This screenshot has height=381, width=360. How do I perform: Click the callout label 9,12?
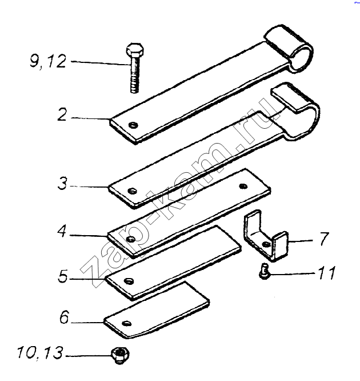point(48,61)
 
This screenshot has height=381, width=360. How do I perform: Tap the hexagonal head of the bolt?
point(135,50)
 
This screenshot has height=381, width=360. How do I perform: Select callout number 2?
point(62,114)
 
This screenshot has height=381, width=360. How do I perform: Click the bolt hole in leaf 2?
point(133,125)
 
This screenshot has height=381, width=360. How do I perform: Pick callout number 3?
point(62,184)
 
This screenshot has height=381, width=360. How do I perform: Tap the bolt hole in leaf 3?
point(132,191)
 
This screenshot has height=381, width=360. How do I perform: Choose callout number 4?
point(62,231)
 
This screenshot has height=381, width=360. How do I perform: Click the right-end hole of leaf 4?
point(243,186)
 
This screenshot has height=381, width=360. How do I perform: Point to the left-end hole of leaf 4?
point(131,239)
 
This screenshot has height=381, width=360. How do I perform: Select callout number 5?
point(63,276)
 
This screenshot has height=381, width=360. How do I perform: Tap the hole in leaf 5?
point(129,281)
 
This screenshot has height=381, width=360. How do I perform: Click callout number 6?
point(65,317)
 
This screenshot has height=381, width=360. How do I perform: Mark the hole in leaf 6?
point(127,323)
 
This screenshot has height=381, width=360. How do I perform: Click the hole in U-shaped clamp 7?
point(266,244)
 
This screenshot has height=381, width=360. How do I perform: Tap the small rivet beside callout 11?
point(264,272)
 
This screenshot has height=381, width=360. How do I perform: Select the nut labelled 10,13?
point(120,355)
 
